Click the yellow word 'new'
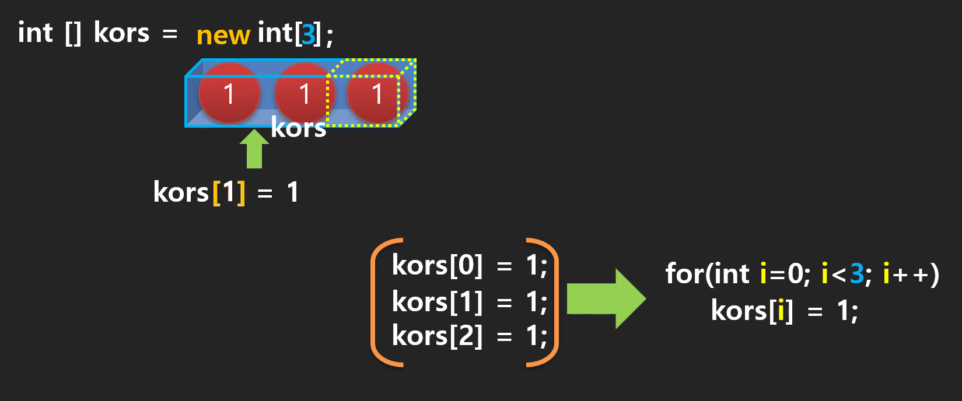click(223, 35)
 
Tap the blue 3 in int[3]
click(308, 34)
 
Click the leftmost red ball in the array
click(229, 94)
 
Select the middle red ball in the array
click(303, 94)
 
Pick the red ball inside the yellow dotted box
click(377, 94)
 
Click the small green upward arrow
click(254, 149)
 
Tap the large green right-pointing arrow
click(606, 298)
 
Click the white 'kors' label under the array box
click(298, 129)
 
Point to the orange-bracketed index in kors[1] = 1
click(229, 192)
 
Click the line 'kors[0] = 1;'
click(469, 266)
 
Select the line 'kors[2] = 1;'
click(469, 336)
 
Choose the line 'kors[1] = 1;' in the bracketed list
click(469, 302)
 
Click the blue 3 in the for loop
click(856, 273)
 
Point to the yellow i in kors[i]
click(781, 311)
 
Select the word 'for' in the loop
click(684, 273)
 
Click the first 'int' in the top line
click(35, 33)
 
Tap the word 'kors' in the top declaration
click(121, 33)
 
